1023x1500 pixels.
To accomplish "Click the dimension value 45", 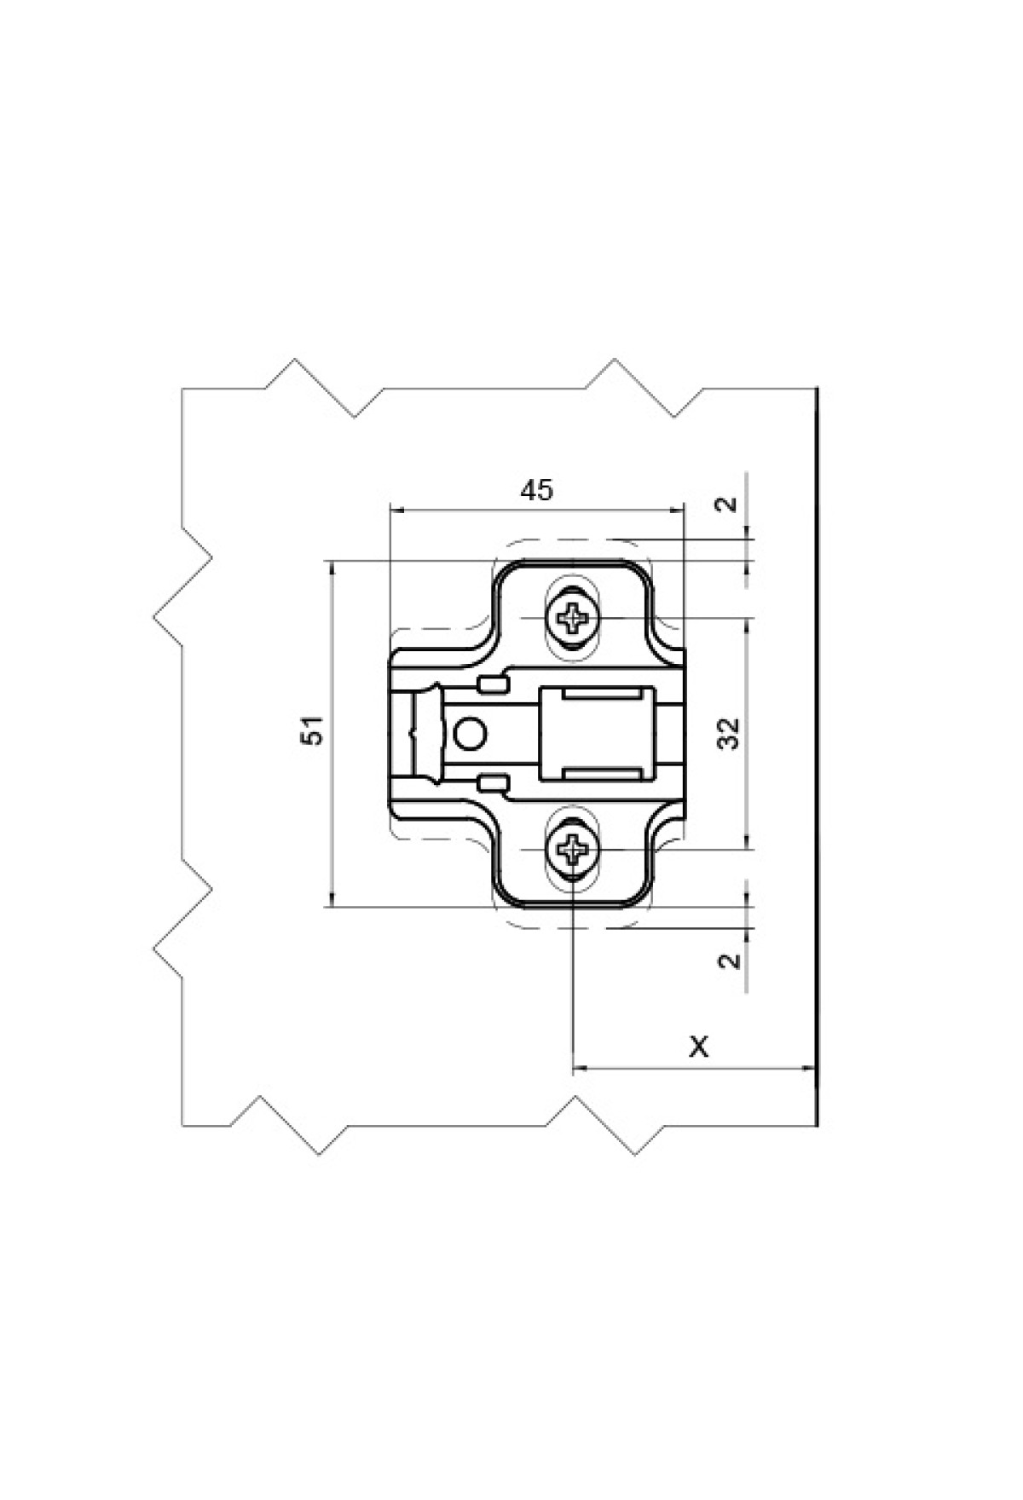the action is click(536, 490).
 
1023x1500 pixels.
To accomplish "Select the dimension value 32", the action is click(728, 733).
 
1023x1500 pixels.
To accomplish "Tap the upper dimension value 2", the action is click(727, 504).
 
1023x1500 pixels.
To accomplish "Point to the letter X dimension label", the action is click(699, 1046).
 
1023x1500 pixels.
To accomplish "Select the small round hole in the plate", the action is click(470, 732).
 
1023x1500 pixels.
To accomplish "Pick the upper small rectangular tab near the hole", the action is click(494, 684).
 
